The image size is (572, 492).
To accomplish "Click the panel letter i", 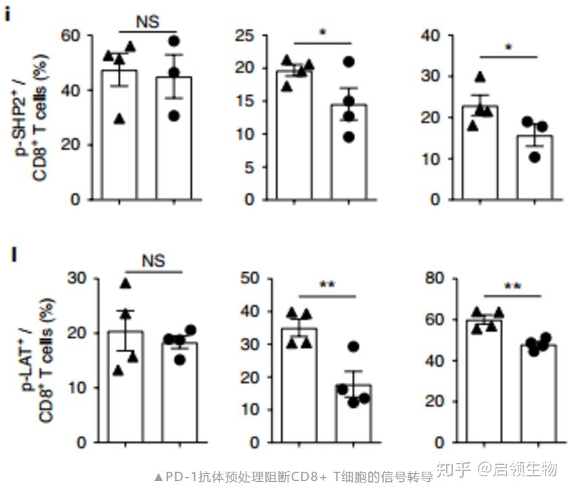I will click(7, 14).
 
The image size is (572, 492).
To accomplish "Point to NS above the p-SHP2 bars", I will click(147, 22).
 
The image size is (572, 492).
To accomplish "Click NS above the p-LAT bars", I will click(153, 260).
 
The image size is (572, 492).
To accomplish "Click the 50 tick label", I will click(252, 279).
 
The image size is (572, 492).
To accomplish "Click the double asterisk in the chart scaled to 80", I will click(512, 286).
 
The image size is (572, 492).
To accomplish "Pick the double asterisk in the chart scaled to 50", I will click(327, 286).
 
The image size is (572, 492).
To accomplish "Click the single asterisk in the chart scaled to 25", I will click(323, 33).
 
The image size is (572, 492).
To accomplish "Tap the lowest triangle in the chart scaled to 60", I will click(120, 118).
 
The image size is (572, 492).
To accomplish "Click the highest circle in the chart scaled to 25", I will click(349, 62).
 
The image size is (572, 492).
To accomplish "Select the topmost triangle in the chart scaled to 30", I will click(125, 283).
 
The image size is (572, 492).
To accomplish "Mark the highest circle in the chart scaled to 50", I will click(352, 347).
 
